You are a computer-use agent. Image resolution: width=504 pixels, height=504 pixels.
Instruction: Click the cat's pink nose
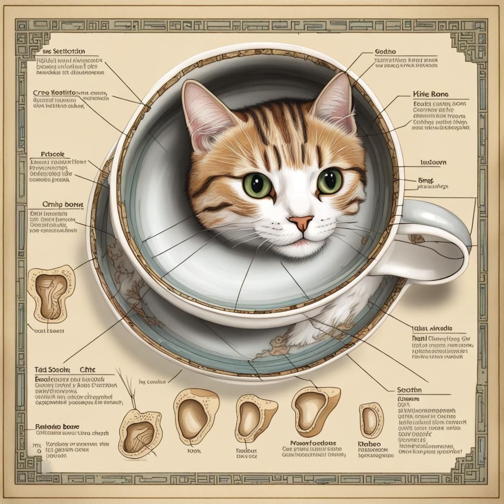(301, 223)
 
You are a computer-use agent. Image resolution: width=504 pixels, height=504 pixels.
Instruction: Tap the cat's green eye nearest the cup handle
(330, 181)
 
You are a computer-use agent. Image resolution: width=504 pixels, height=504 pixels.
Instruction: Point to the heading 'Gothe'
(385, 51)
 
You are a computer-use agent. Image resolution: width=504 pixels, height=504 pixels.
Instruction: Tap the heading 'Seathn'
(409, 389)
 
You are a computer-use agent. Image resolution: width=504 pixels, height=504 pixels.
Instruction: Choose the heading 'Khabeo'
(370, 444)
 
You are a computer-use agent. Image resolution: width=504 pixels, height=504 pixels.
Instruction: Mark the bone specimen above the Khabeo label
(371, 420)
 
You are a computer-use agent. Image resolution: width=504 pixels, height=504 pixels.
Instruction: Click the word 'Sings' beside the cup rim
(425, 180)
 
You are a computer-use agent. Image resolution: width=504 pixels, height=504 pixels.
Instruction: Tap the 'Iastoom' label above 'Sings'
(433, 162)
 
